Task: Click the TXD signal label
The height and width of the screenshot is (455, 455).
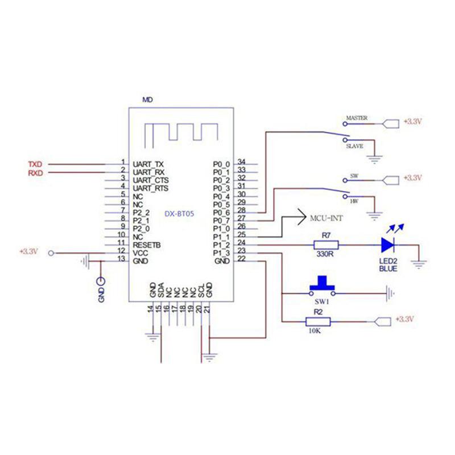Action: [x=35, y=164]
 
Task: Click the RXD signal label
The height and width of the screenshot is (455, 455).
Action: [x=35, y=173]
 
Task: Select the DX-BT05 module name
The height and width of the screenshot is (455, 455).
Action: [x=180, y=213]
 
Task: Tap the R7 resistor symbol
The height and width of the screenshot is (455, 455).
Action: [x=326, y=245]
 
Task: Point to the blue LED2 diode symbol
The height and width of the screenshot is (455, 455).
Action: [x=388, y=245]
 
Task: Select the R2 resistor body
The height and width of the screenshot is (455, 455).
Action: [x=317, y=322]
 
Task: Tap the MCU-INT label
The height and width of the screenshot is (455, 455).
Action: [x=326, y=218]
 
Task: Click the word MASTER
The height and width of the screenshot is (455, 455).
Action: [x=356, y=118]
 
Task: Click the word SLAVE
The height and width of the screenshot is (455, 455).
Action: [x=355, y=146]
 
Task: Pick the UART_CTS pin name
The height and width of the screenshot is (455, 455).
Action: [x=150, y=180]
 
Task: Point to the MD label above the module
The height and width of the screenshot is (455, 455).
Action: [x=147, y=100]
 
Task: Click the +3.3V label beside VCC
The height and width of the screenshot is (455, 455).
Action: [x=28, y=251]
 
